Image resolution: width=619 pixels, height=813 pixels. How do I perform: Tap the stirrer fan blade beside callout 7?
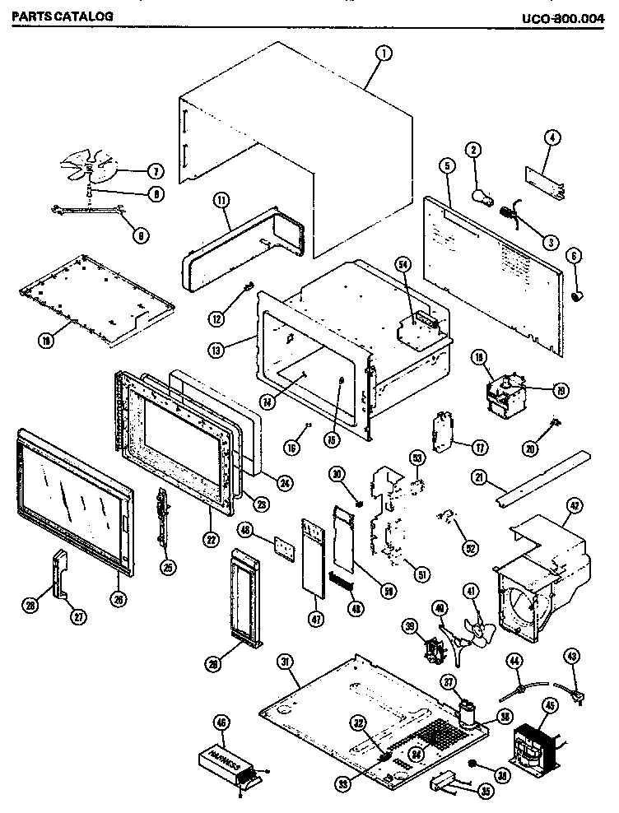(x=99, y=164)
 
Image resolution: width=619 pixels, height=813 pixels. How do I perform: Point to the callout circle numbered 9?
(x=141, y=234)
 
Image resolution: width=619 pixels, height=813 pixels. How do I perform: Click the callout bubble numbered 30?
(x=336, y=473)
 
